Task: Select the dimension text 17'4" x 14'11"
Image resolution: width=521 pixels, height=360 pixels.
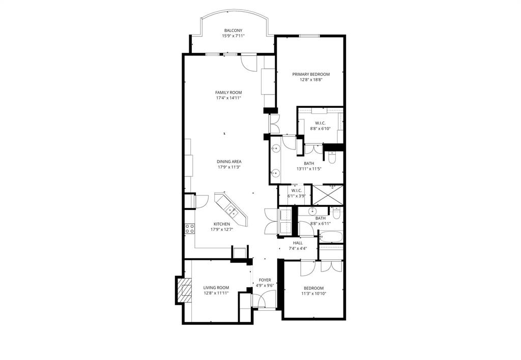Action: click(228, 98)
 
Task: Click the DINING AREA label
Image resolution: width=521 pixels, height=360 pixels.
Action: click(228, 161)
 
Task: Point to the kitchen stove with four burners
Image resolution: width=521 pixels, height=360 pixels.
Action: click(190, 228)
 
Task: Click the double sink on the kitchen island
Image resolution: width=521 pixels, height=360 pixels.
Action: click(230, 209)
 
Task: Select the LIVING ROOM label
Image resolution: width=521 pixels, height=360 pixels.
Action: click(216, 287)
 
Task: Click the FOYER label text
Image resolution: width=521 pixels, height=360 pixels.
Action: click(265, 280)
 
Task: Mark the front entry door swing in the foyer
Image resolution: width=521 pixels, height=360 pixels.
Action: click(265, 302)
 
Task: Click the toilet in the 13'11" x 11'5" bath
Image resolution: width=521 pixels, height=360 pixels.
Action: click(332, 159)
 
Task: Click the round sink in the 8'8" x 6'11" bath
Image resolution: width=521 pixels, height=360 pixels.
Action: click(313, 211)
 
